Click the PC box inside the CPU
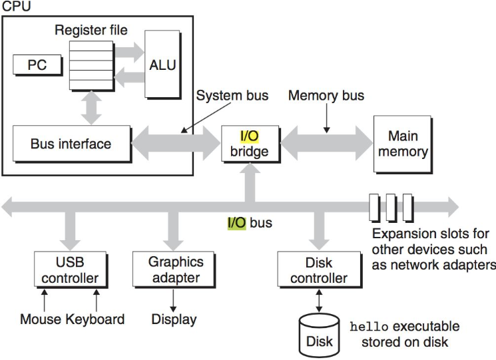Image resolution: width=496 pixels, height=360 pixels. [x=37, y=65]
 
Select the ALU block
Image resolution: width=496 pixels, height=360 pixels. [x=162, y=65]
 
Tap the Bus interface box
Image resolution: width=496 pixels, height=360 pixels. [x=71, y=144]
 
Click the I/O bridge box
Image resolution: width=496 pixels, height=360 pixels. [x=250, y=144]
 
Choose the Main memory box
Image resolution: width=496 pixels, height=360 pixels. [x=403, y=144]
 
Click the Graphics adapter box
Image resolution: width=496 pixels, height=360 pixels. [x=175, y=269]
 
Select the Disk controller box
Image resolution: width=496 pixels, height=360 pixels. [x=318, y=269]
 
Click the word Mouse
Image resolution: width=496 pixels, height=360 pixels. [x=41, y=319]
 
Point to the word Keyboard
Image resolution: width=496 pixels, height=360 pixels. [x=95, y=319]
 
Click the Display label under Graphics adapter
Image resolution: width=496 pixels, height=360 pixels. [x=174, y=319]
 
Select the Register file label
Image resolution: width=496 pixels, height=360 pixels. [x=91, y=30]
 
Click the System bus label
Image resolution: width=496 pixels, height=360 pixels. [x=232, y=96]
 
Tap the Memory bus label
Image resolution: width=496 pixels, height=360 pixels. [x=326, y=96]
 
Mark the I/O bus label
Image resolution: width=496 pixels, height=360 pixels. [x=250, y=223]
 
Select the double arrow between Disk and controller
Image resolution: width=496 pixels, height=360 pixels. [x=319, y=300]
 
